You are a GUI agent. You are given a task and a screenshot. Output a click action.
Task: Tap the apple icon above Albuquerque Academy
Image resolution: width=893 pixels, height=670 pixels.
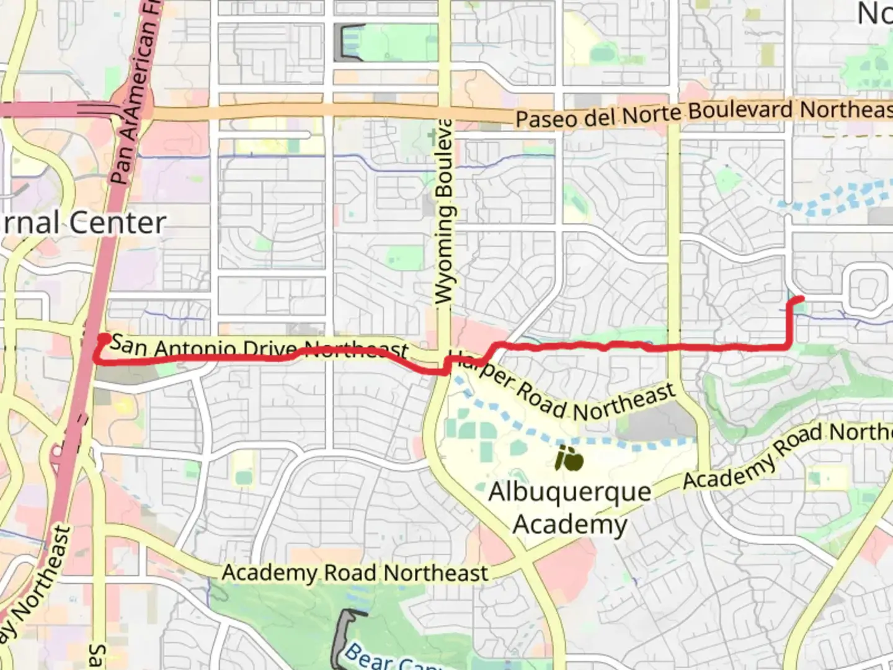[x=569, y=459]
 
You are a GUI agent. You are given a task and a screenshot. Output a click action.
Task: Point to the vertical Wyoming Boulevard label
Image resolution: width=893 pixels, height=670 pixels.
[x=444, y=211]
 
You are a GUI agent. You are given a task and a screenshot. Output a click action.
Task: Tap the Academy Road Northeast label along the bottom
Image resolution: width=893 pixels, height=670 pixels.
[x=355, y=573]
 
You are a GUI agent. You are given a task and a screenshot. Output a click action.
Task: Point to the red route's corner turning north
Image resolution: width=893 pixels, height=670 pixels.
[x=789, y=345]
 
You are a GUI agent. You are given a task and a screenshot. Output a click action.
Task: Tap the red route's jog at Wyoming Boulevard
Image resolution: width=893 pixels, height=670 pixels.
[x=446, y=366]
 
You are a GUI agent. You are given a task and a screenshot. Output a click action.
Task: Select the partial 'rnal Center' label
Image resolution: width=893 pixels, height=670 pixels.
[x=83, y=223]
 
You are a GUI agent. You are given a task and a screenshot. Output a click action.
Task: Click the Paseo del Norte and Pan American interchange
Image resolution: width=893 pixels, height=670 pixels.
[x=124, y=110]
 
